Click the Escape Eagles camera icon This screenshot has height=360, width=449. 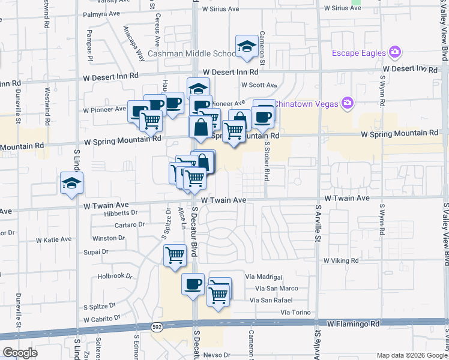pyautogui.click(x=394, y=53)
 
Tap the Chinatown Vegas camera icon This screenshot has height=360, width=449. pyautogui.click(x=347, y=103)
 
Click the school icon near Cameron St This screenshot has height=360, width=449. pyautogui.click(x=246, y=47)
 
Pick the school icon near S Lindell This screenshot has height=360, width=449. pyautogui.click(x=71, y=184)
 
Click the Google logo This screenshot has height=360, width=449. pyautogui.click(x=20, y=353)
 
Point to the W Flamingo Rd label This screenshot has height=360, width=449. pyautogui.click(x=354, y=323)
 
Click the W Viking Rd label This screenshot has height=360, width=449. pyautogui.click(x=340, y=261)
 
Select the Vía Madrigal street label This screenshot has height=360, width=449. pyautogui.click(x=264, y=277)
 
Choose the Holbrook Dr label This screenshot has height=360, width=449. pyautogui.click(x=115, y=277)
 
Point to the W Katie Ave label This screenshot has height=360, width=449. pyautogui.click(x=53, y=240)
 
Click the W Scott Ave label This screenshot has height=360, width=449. pyautogui.click(x=259, y=85)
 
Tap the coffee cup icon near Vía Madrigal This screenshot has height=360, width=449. pyautogui.click(x=193, y=284)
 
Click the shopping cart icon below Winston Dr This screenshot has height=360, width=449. pyautogui.click(x=175, y=256)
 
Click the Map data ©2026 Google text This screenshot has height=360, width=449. pyautogui.click(x=411, y=355)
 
